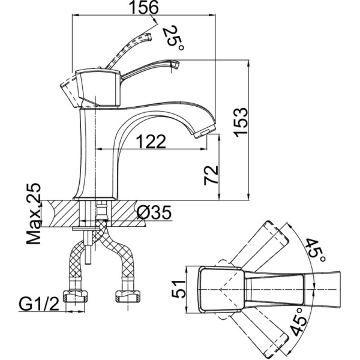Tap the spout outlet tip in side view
206,128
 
